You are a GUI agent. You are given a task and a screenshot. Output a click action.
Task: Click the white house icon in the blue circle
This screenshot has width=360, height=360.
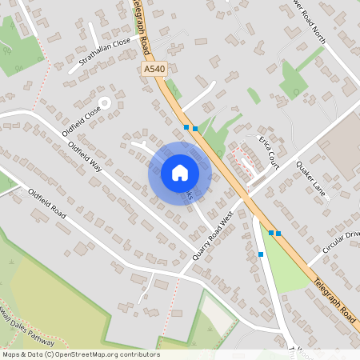[x=180, y=172]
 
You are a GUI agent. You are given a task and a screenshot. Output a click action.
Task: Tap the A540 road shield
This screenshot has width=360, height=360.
[x=154, y=70]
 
